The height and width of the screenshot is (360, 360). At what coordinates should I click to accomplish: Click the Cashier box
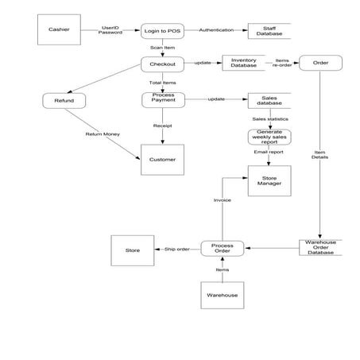tap(59, 30)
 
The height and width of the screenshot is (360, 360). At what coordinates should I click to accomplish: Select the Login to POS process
tap(162, 31)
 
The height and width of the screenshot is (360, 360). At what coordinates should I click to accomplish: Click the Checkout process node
tap(162, 64)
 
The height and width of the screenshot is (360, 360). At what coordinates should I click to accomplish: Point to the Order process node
tap(319, 63)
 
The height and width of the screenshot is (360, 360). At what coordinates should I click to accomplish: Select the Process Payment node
tap(162, 99)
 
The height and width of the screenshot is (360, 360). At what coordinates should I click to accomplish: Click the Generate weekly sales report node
tap(269, 137)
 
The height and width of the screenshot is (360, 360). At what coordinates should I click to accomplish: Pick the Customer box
tap(162, 160)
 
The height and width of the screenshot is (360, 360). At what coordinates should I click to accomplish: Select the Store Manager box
tap(269, 180)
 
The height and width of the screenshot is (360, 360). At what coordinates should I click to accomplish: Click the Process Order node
tap(223, 249)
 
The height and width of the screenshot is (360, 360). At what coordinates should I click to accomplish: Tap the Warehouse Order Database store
tap(319, 247)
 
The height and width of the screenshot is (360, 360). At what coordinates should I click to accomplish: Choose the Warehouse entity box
tap(223, 296)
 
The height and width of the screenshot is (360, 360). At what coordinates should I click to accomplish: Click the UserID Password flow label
tap(110, 30)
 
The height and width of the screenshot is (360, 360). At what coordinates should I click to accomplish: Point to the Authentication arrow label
tap(216, 30)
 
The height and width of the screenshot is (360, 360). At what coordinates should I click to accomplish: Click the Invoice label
tap(223, 200)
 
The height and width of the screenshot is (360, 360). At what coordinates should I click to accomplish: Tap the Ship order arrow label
tap(176, 250)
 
